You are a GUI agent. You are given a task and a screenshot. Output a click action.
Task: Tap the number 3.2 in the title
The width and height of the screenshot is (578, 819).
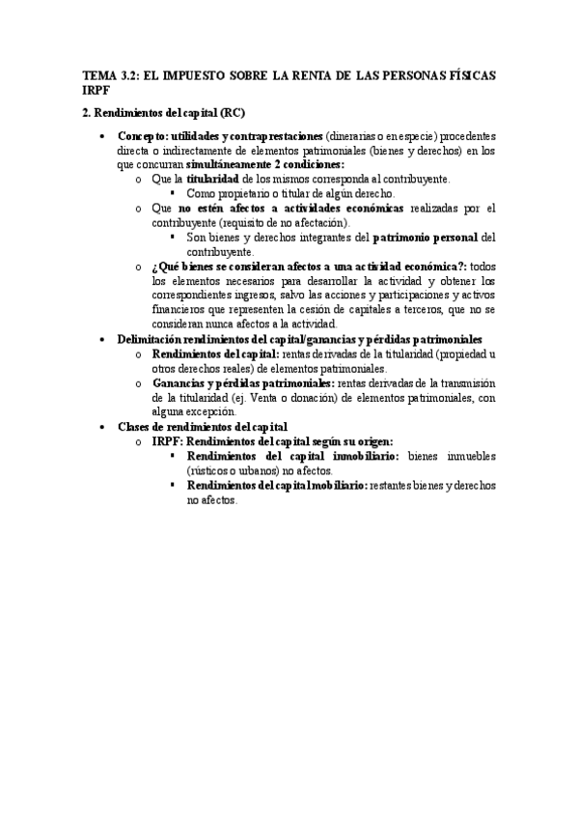point(128,75)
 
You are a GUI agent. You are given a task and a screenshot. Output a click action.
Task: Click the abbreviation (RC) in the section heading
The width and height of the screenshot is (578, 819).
point(234,112)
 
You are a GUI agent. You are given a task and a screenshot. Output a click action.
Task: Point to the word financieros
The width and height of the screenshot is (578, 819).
point(179,309)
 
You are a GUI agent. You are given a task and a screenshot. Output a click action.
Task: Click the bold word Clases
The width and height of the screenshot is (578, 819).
point(136,425)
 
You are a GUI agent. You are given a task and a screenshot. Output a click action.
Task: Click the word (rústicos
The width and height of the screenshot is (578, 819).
point(211,469)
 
